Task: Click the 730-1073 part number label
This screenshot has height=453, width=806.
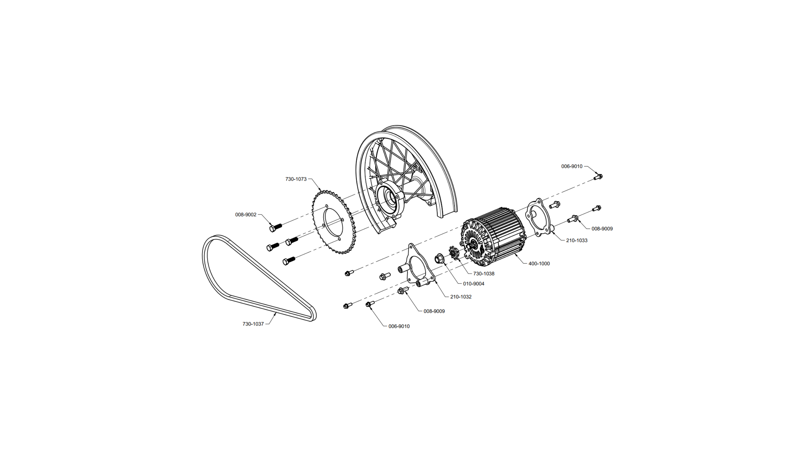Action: pyautogui.click(x=296, y=179)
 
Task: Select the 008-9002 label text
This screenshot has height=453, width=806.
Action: pyautogui.click(x=246, y=215)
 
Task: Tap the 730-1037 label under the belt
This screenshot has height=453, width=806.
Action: pyautogui.click(x=253, y=324)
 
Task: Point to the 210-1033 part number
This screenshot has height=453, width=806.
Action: pyautogui.click(x=577, y=240)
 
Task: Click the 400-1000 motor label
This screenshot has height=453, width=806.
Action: pyautogui.click(x=539, y=263)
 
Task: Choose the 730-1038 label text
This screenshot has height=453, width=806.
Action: pyautogui.click(x=483, y=273)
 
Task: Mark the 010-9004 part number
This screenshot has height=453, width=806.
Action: pyautogui.click(x=474, y=284)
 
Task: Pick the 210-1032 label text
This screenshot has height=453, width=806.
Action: pyautogui.click(x=461, y=297)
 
